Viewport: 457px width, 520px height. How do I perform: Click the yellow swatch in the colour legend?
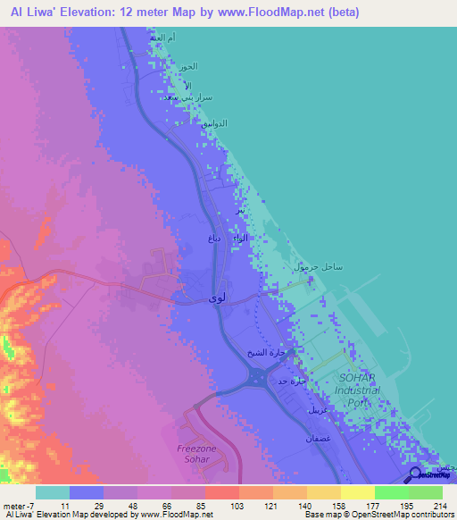tap(358, 492)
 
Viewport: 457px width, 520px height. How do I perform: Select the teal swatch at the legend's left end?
tap(53, 492)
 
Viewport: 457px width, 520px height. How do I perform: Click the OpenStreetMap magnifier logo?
tap(415, 475)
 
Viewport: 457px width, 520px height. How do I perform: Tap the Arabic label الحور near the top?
tap(186, 67)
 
